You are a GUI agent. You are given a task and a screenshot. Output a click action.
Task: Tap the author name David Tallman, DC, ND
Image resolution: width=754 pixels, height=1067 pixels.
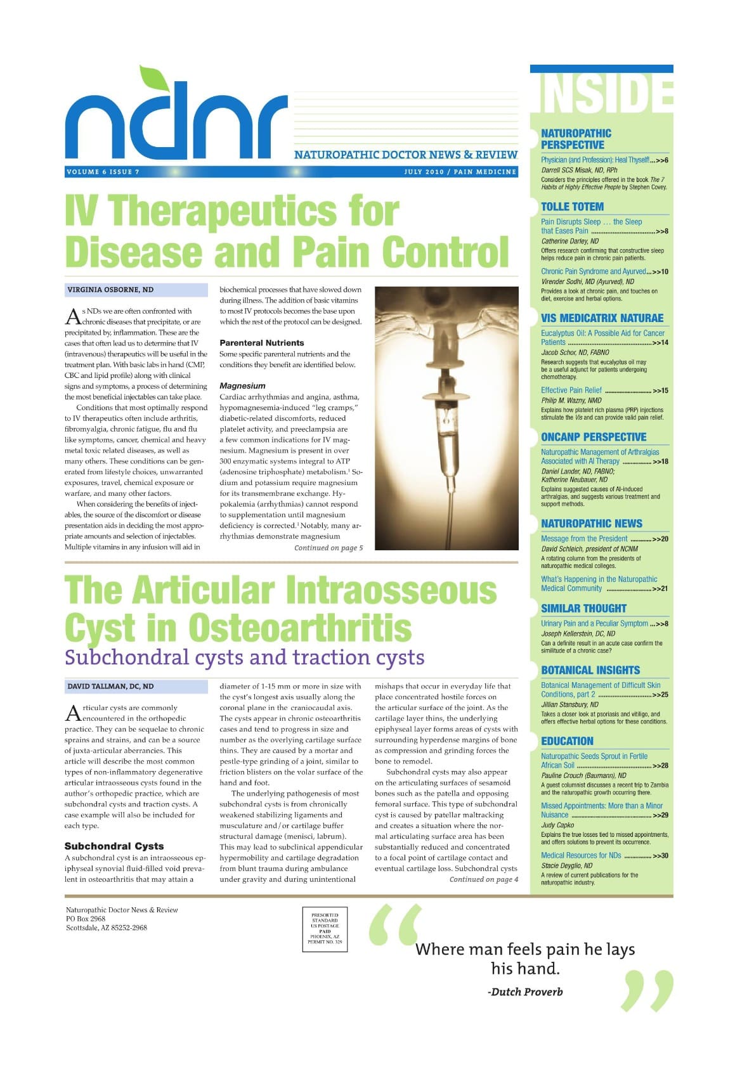[110, 687]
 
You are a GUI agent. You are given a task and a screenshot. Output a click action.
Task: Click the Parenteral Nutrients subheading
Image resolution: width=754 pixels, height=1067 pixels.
[261, 342]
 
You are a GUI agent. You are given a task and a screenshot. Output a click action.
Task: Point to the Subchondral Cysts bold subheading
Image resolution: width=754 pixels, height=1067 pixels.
[114, 846]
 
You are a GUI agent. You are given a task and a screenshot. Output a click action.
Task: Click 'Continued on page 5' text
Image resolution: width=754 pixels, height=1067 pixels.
[328, 548]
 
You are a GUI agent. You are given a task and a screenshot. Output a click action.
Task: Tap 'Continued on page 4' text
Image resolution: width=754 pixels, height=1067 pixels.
[483, 879]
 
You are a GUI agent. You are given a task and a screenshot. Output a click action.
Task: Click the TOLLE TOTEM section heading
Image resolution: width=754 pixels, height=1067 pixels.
[572, 207]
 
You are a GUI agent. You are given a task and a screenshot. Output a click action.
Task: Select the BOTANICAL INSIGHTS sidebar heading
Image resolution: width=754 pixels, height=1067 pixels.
[590, 670]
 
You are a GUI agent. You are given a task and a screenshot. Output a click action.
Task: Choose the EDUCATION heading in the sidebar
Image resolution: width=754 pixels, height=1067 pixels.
[567, 741]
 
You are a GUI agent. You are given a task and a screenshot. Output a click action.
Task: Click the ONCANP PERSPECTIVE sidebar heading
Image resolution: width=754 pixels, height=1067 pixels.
[594, 437]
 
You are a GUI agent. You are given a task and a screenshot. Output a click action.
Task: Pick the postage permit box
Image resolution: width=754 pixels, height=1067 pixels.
[325, 929]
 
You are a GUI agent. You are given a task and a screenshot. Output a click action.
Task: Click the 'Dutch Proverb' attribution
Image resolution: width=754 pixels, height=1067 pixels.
[525, 992]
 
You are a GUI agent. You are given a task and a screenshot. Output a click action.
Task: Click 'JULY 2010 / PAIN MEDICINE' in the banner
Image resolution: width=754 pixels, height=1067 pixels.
[460, 172]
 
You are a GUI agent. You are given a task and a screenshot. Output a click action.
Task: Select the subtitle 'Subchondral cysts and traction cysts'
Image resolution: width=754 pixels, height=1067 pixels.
[244, 657]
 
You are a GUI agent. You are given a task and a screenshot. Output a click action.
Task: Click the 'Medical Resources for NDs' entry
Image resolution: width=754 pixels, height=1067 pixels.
[581, 855]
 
